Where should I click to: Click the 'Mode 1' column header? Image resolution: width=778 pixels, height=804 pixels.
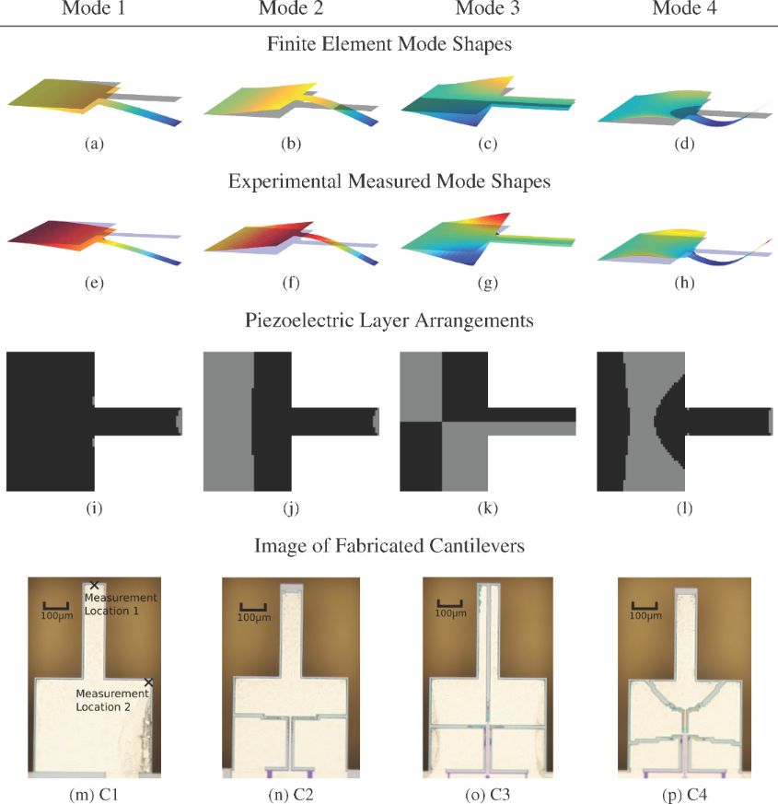coord(94,7)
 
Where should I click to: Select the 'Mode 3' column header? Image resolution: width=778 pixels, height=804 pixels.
coord(487,7)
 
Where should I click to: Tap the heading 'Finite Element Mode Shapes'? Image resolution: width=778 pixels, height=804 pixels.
coord(389,44)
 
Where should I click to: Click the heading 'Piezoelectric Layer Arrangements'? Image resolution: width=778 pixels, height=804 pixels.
coord(389,320)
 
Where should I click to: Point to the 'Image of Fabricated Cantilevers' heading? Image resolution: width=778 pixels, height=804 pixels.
coord(389,545)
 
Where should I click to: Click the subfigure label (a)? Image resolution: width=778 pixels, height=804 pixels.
coord(94,144)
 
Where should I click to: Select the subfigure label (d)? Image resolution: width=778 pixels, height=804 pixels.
coord(684,144)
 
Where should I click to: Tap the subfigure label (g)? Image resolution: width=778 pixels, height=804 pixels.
coord(487,283)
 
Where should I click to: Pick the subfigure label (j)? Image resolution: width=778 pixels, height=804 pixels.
coord(291,508)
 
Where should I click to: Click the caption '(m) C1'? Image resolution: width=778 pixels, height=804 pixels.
coord(94,795)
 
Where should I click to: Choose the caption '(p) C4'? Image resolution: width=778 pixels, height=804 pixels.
coord(684,795)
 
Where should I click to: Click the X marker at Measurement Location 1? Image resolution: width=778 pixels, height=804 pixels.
coord(94,585)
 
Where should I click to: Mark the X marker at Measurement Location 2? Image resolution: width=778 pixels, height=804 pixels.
coord(148,682)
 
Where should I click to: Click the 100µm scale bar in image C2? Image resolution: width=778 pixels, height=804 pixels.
coord(253,608)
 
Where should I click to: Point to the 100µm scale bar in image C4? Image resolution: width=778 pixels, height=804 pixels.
coord(644,606)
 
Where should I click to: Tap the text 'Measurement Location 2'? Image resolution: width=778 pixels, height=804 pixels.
coord(112,701)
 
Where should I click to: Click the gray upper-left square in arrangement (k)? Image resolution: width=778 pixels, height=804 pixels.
coord(422,387)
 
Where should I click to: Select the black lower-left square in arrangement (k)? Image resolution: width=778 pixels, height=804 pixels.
coord(422,457)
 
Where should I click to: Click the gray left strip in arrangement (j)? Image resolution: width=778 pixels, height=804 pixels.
coord(228,422)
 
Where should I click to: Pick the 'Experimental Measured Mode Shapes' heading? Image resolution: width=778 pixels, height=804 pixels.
coord(389,181)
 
